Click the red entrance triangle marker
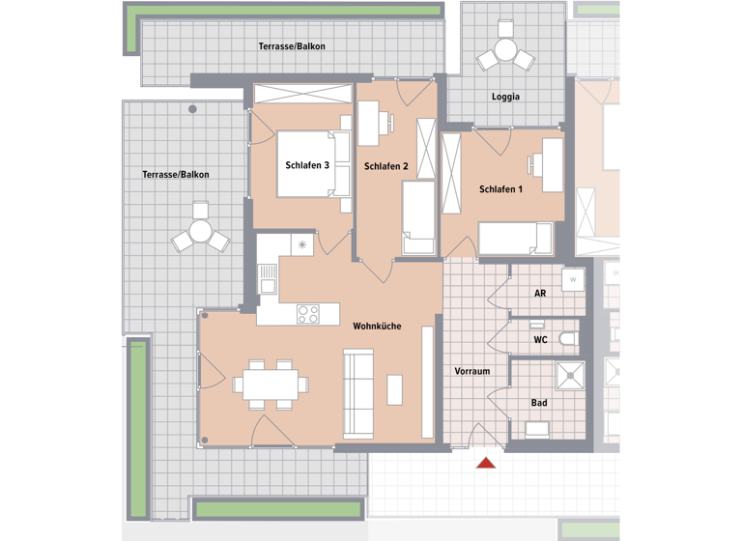(486, 463)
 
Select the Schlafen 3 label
(307, 166)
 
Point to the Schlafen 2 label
(385, 167)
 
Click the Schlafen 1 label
(500, 189)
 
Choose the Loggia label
(505, 97)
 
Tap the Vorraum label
(472, 371)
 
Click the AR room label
(541, 294)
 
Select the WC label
(541, 340)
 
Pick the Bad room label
(539, 403)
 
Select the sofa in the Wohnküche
(358, 394)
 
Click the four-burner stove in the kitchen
(308, 314)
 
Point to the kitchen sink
(268, 278)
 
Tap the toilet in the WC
(569, 339)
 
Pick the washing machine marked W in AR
(572, 281)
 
